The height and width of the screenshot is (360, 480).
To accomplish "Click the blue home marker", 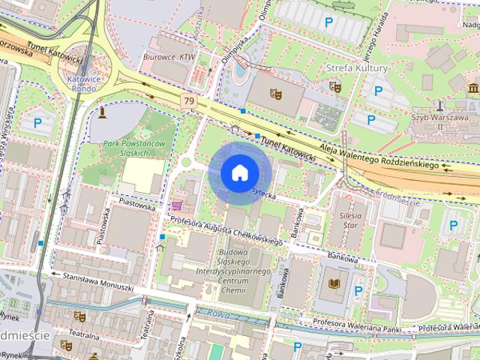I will (239, 172).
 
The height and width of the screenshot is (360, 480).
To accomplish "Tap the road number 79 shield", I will (188, 100).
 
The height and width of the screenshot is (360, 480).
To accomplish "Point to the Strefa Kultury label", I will (357, 68).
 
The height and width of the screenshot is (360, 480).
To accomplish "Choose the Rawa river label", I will (218, 314).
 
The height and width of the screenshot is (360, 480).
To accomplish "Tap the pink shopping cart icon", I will (178, 205).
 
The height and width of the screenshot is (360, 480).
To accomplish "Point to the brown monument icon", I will (102, 112).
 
